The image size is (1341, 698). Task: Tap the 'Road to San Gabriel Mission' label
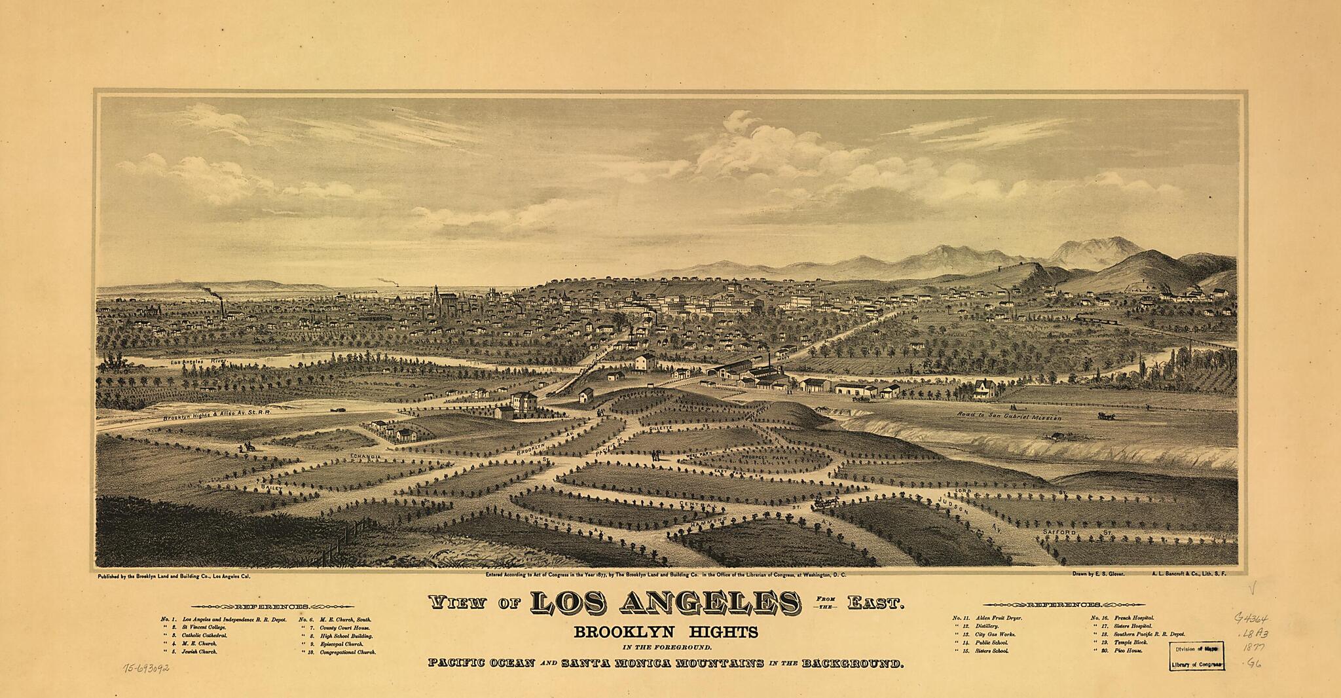coord(1008,416)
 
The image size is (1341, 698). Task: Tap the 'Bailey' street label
coord(270,488)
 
